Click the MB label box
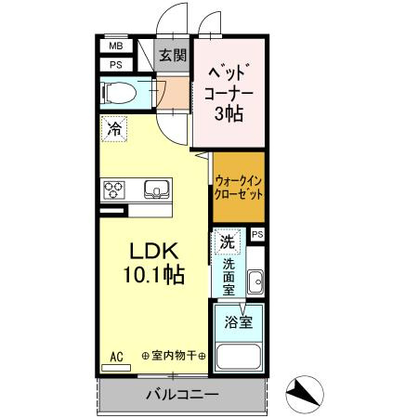click(x=116, y=46)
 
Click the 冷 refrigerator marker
click(x=114, y=129)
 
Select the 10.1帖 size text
click(x=152, y=276)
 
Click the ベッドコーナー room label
click(x=226, y=82)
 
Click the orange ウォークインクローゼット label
click(x=239, y=189)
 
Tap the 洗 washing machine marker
click(x=227, y=242)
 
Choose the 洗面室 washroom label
click(x=229, y=276)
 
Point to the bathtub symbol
click(x=239, y=357)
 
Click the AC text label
click(x=117, y=356)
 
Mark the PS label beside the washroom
click(x=257, y=234)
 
